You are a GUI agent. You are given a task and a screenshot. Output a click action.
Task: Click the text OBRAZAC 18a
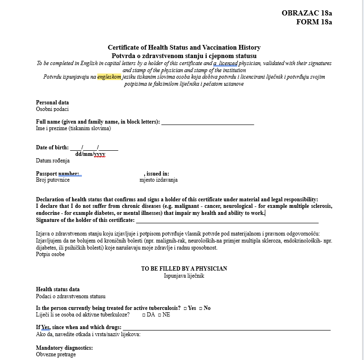point(306,13)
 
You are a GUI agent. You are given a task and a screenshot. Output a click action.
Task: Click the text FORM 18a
point(314,22)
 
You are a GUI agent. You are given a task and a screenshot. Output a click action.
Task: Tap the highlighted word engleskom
point(109,77)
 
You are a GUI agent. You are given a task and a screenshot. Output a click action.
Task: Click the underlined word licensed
point(227,63)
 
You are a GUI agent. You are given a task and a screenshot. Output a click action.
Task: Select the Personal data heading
point(52,103)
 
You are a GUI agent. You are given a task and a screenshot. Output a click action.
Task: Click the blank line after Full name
point(207,123)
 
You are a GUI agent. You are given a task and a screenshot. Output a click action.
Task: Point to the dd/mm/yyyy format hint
point(90,154)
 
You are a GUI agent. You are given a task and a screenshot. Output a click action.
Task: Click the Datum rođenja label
point(53,161)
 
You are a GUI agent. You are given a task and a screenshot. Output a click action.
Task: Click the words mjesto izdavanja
point(159,180)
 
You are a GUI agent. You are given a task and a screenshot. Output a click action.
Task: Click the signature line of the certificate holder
point(227,221)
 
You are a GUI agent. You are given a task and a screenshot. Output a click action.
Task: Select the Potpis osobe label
point(50,255)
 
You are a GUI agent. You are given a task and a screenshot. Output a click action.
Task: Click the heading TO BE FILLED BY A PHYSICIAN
point(184,269)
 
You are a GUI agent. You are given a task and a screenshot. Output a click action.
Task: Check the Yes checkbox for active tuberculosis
point(185,309)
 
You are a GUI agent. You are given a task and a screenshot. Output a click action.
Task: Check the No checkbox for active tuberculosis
point(201,309)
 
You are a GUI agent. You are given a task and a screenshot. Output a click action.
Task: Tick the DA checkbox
point(144,315)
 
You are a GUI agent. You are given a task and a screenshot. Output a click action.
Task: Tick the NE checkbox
point(160,315)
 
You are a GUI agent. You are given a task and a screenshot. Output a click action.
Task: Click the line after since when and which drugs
point(226,329)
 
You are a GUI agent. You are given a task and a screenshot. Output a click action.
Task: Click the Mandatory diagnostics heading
point(64,348)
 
